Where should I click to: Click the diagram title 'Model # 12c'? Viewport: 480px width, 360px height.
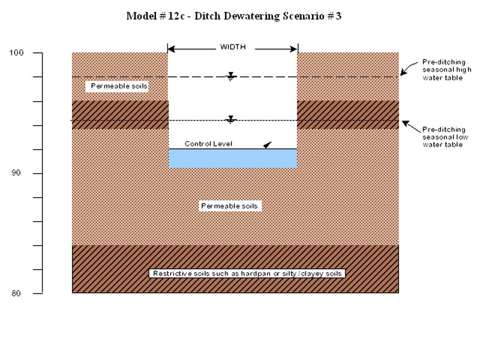click(x=233, y=16)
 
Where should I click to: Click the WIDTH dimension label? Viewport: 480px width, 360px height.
click(x=233, y=47)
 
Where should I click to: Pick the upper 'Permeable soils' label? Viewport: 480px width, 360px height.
click(x=119, y=86)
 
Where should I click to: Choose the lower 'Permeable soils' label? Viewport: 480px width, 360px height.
click(x=229, y=206)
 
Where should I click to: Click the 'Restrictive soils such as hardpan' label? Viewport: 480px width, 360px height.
click(x=247, y=274)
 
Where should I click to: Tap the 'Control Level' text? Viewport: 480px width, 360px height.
click(x=208, y=144)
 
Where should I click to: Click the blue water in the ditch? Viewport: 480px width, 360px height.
click(x=233, y=158)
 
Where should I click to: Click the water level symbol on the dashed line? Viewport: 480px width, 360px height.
click(x=231, y=76)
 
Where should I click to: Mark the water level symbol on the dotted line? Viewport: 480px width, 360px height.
click(x=231, y=119)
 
